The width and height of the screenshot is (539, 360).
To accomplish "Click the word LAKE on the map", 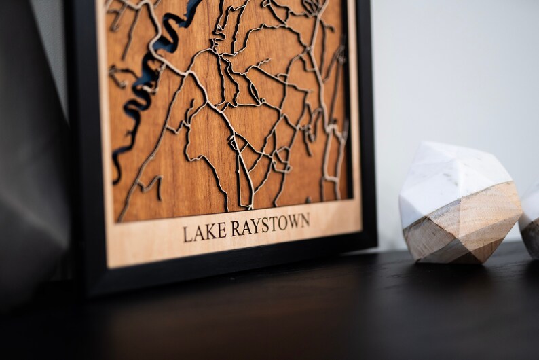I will pyautogui.click(x=205, y=230).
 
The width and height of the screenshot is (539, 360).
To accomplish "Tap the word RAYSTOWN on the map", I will pyautogui.click(x=270, y=224).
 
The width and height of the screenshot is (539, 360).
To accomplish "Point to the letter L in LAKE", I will pyautogui.click(x=187, y=233).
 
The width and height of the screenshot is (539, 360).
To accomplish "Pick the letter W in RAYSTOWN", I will pyautogui.click(x=293, y=221).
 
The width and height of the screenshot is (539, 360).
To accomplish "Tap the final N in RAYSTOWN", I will pyautogui.click(x=305, y=220).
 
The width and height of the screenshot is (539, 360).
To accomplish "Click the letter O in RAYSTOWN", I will pyautogui.click(x=281, y=223).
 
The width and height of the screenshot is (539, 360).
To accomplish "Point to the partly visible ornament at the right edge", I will pyautogui.click(x=529, y=217).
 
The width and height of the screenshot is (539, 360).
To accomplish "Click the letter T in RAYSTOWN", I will pyautogui.click(x=272, y=224).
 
